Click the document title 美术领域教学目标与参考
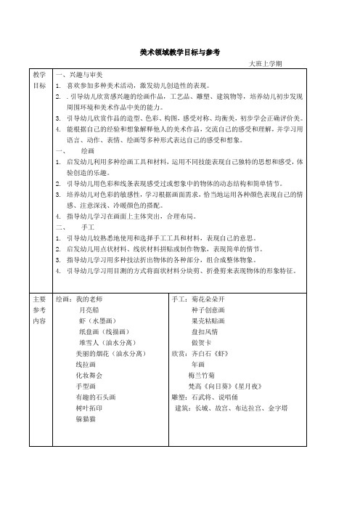pos(179,52)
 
